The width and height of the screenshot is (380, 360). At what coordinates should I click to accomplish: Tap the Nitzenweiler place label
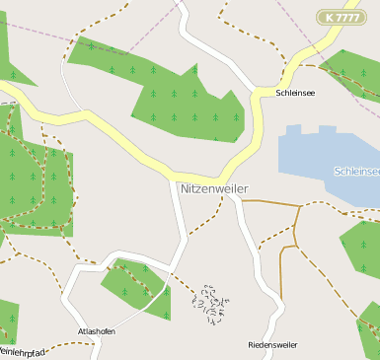pyautogui.click(x=213, y=187)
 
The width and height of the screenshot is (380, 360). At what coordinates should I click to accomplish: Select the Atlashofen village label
pyautogui.click(x=97, y=331)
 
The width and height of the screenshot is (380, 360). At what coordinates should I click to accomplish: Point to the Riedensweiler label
pyautogui.click(x=272, y=345)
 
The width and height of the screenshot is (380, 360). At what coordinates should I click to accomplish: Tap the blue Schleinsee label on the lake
pyautogui.click(x=357, y=171)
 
